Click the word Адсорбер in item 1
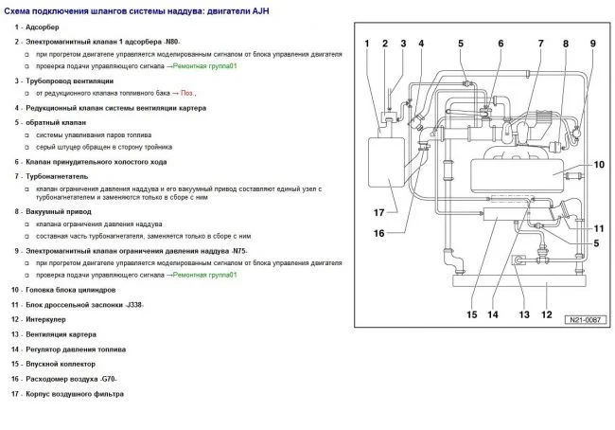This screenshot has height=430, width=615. tap(43, 27)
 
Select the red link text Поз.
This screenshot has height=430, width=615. tap(187, 94)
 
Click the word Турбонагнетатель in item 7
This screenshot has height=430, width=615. tap(57, 177)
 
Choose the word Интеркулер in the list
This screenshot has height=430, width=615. tap(45, 319)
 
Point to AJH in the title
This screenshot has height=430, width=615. tap(260, 11)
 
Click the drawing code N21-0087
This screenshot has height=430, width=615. tap(585, 320)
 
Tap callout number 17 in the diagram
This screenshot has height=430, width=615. tap(378, 213)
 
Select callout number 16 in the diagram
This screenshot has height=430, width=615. tap(378, 234)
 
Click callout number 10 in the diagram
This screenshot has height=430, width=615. tap(599, 165)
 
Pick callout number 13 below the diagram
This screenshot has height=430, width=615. tap(524, 314)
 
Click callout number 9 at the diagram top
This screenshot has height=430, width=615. tap(592, 44)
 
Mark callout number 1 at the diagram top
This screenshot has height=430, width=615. tap(367, 44)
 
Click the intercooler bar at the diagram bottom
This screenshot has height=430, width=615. tap(519, 280)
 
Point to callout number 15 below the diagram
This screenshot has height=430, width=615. tap(472, 314)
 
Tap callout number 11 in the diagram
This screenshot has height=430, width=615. tap(599, 228)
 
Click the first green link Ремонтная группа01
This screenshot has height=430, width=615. tap(204, 66)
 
